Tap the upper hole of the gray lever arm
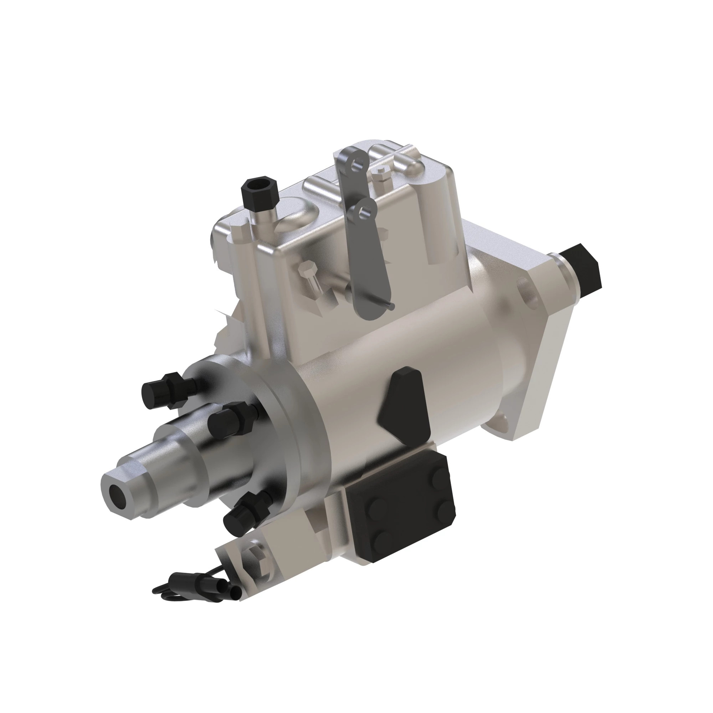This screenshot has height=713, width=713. (x=356, y=164)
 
